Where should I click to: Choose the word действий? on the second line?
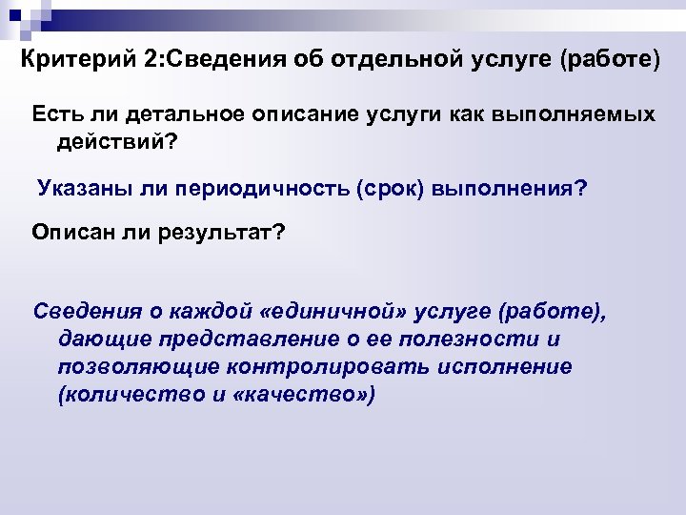118,141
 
